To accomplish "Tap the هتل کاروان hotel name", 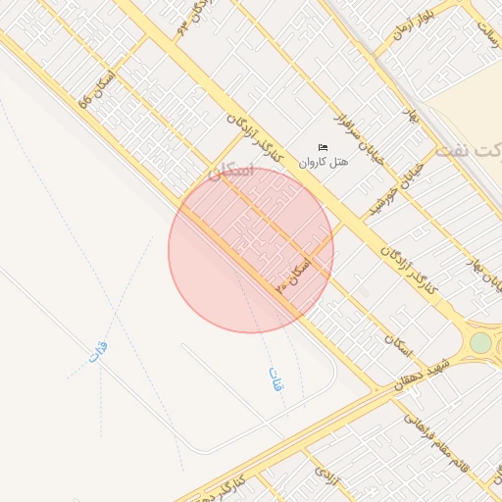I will click(324, 161).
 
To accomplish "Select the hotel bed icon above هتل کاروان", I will click(324, 147).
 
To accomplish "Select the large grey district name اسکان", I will click(231, 174).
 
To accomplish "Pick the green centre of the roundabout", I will click(480, 342).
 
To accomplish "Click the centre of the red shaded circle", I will click(251, 250).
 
